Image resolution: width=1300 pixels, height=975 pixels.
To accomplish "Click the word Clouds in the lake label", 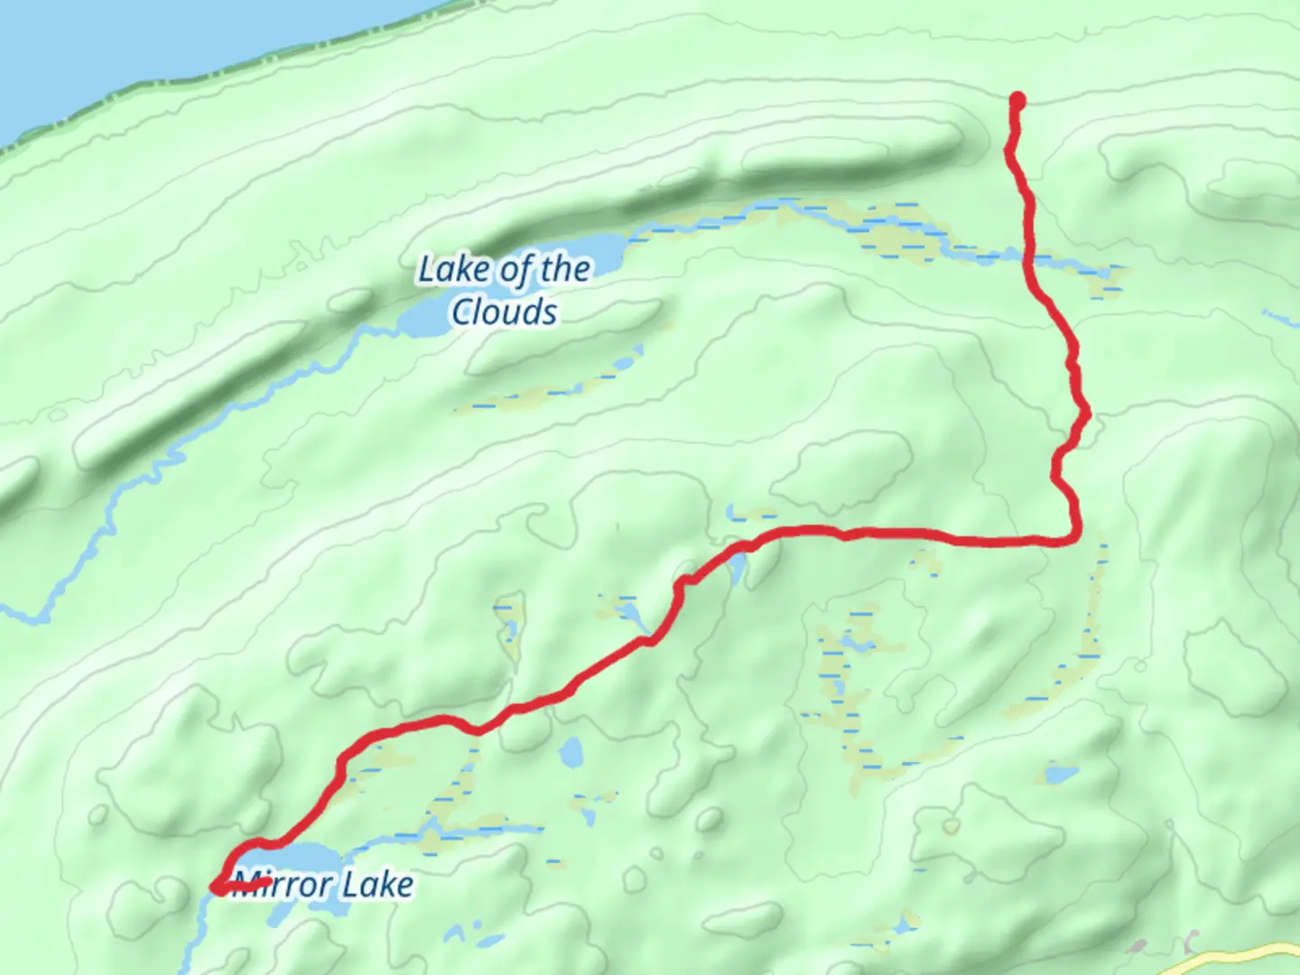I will pos(504,312).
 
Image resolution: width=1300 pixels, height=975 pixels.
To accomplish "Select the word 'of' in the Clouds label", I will pos(515,270).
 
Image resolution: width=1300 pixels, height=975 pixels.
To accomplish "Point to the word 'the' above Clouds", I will pos(565,268).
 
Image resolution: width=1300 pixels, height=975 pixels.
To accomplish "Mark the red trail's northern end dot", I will pos(1017,99).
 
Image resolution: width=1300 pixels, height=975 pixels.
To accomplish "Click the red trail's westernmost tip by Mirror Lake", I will pos(218,889).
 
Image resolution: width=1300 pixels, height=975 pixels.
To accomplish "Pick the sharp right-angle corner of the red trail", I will pos(1073,539).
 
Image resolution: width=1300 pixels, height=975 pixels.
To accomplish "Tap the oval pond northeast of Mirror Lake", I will pos(571,750).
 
